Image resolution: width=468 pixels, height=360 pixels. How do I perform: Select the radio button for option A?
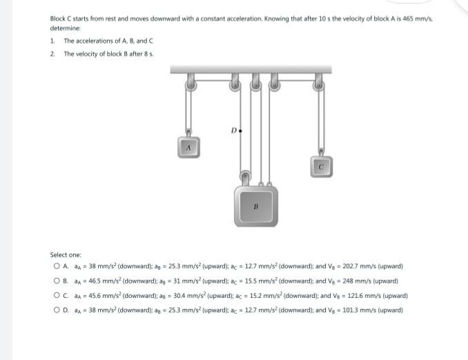tap(55, 266)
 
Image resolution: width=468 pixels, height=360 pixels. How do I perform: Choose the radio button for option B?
tap(55, 281)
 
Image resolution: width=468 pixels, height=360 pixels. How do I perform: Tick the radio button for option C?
tap(55, 295)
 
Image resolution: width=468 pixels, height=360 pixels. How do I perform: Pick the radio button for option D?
tap(55, 310)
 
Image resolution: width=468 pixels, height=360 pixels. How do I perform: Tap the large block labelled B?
tap(255, 206)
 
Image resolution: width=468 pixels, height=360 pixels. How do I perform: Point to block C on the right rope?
tap(320, 166)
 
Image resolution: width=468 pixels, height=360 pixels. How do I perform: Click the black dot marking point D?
tap(241, 130)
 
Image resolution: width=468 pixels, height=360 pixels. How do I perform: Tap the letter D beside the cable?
tap(234, 128)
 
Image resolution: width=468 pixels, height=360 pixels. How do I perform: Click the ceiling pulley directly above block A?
tap(189, 86)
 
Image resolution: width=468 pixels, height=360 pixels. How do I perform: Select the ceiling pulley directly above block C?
tap(318, 86)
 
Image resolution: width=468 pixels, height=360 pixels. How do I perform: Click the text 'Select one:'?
tap(66, 255)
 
